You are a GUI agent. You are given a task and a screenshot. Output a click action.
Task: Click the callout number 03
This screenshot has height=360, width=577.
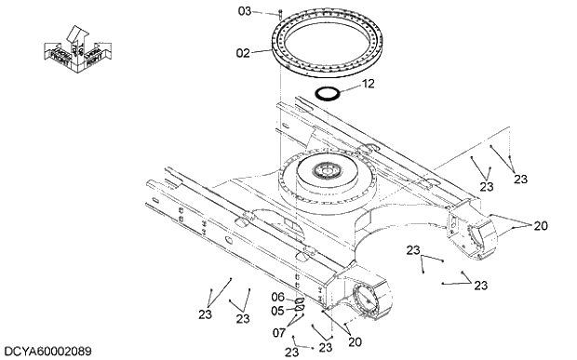click(245, 11)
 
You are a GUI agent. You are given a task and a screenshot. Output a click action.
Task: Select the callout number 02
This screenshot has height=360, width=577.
click(243, 53)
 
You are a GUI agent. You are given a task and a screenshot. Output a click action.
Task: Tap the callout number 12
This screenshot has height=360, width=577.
click(368, 84)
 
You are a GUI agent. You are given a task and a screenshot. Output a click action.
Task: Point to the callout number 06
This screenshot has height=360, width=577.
click(278, 297)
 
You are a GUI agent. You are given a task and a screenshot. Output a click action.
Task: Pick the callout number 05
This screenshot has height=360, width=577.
click(278, 310)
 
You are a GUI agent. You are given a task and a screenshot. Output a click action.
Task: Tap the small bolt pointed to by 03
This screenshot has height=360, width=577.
click(280, 12)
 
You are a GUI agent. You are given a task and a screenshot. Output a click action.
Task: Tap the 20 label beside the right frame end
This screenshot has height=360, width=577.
click(540, 225)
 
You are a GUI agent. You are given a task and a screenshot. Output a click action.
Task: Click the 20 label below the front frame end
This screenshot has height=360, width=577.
click(355, 341)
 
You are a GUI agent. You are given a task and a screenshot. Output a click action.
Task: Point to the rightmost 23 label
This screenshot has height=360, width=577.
click(520, 179)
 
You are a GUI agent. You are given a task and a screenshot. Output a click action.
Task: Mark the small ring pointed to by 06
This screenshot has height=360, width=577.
click(299, 300)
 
